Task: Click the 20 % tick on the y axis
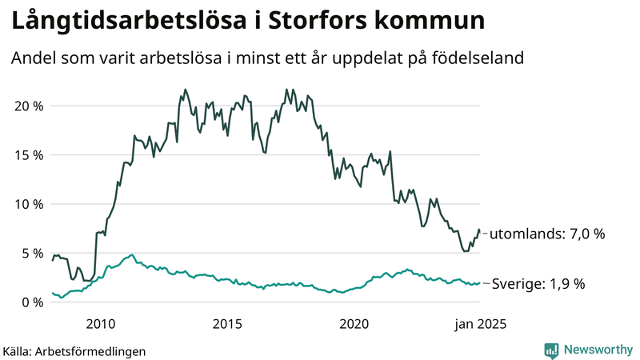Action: pos(29,106)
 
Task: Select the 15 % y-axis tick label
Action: pos(29,154)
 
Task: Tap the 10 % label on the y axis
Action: pos(29,204)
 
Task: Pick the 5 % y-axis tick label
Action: pos(32,253)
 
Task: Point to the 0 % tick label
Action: pos(32,302)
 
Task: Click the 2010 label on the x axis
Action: pos(100,324)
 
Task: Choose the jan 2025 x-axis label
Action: pos(480,324)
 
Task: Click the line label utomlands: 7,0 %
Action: pos(546,234)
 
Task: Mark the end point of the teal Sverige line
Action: pos(480,283)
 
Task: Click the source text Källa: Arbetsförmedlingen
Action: pos(74,350)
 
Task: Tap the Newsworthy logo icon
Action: pos(551,350)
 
